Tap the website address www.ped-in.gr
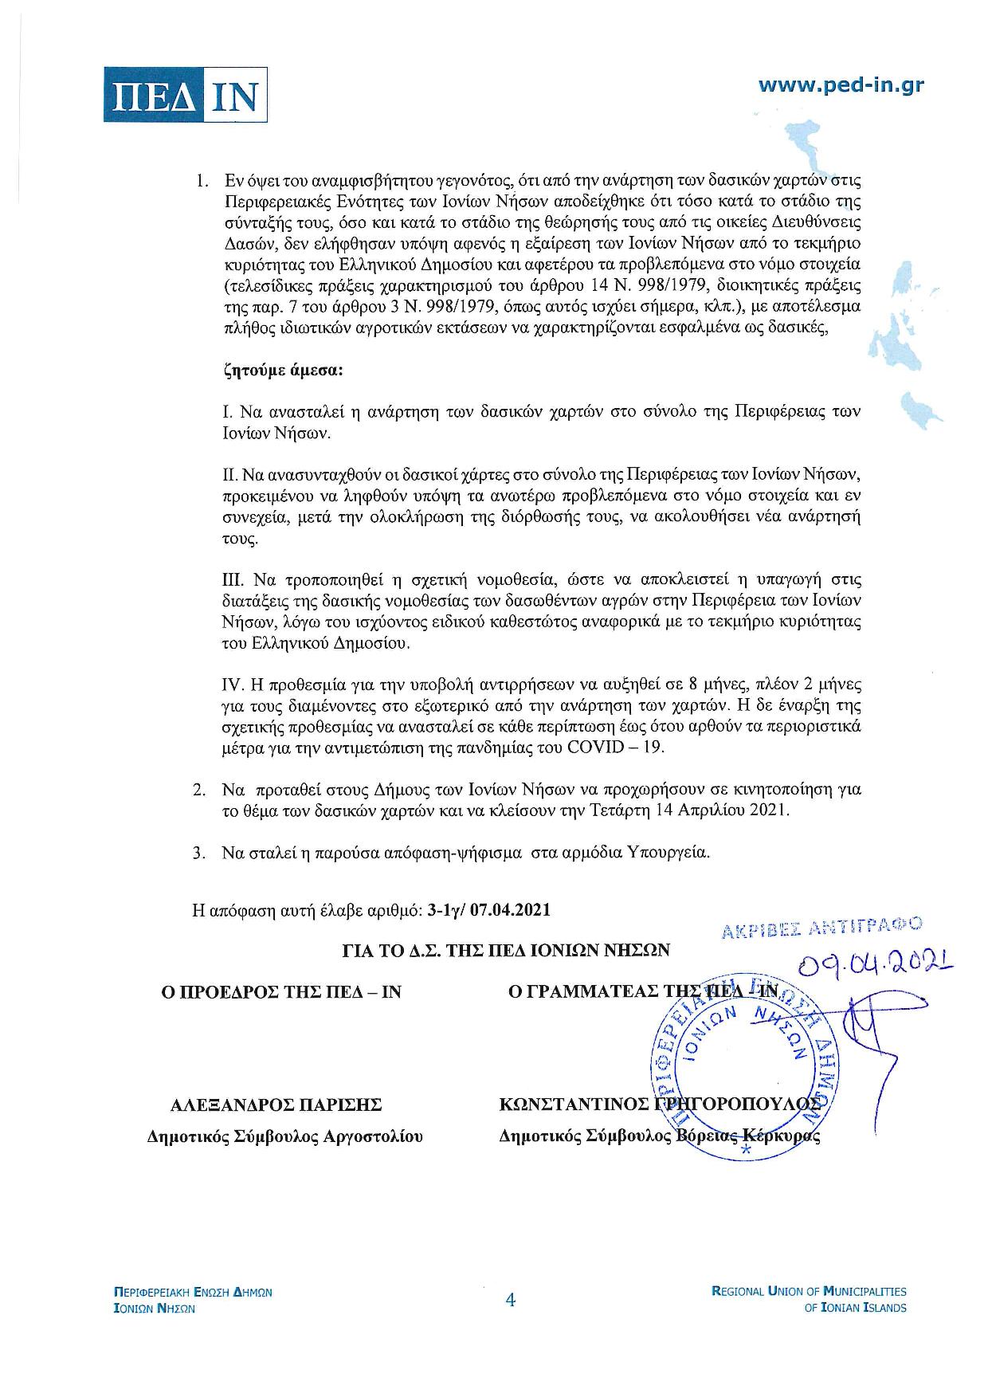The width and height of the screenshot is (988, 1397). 841,85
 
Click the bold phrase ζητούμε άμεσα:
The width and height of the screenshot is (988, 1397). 283,371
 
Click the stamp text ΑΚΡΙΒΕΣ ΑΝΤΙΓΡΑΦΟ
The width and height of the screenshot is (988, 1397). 821,927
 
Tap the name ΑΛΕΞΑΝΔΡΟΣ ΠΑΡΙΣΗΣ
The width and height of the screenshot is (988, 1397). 276,1105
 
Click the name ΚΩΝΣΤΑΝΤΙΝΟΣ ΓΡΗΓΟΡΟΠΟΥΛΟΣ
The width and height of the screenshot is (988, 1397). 659,1105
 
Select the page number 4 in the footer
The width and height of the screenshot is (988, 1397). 511,1301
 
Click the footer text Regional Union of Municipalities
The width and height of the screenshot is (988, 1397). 808,1291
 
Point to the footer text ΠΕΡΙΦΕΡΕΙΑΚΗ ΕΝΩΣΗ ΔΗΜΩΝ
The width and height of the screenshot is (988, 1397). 194,1292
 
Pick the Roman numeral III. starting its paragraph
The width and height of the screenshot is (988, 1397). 233,579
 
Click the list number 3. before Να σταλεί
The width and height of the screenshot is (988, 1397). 199,852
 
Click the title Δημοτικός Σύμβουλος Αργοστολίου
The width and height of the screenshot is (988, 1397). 284,1136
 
